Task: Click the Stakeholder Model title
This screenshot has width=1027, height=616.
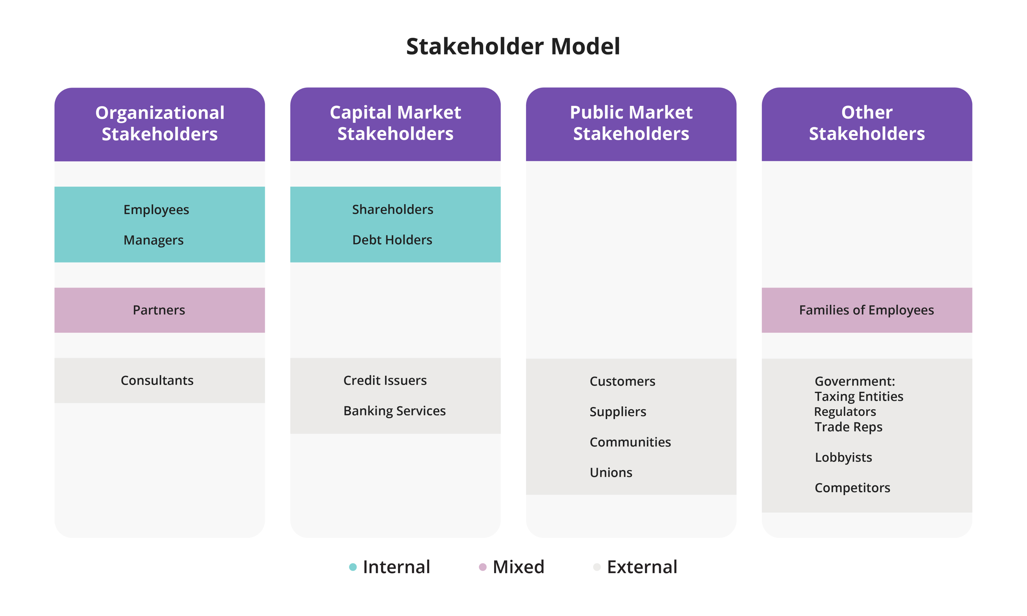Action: coord(513,46)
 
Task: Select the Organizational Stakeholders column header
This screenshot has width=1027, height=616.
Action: coord(160,123)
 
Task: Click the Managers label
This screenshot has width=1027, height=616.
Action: coord(153,240)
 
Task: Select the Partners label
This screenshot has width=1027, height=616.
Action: coord(159,310)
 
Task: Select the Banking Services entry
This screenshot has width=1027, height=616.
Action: coord(395,411)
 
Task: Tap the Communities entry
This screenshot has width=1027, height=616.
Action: coord(630,442)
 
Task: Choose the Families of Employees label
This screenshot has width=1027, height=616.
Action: coord(867,310)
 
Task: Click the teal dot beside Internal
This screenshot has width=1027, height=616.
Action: coord(353,567)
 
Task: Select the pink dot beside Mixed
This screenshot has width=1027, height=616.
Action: coord(483,567)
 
